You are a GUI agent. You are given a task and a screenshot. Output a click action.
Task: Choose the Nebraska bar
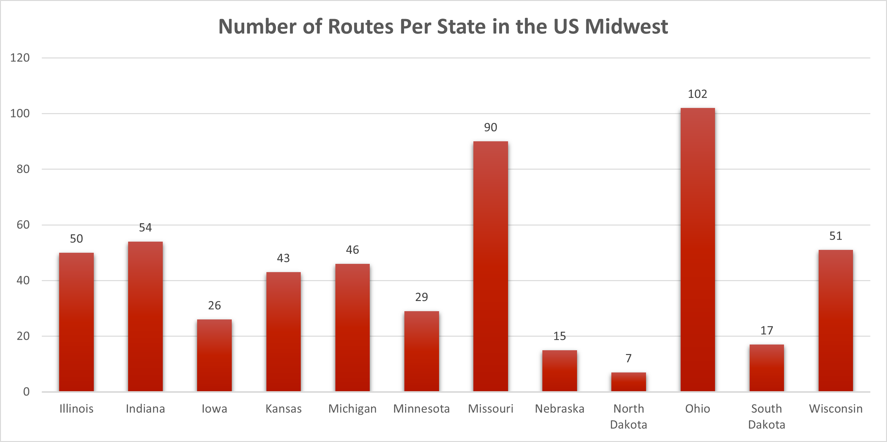point(560,371)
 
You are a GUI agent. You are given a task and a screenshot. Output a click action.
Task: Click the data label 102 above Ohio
point(697,94)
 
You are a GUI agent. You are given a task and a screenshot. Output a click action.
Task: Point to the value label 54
point(145,227)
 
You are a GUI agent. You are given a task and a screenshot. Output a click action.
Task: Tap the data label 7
point(629,358)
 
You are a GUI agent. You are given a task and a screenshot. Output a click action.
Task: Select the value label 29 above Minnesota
point(422,297)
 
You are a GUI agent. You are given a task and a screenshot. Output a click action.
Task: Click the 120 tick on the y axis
point(20,57)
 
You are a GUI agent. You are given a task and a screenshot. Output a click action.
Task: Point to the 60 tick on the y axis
point(23,224)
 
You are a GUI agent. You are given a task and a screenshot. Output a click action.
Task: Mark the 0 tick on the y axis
point(26,392)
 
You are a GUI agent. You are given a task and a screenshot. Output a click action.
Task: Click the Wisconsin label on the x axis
point(836,409)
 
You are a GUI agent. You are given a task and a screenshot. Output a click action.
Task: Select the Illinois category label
point(76,409)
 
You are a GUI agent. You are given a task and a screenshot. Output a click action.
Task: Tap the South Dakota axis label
point(767,416)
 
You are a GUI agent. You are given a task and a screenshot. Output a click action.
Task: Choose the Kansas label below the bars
point(283,409)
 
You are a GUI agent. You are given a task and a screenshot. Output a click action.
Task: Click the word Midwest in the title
point(626,26)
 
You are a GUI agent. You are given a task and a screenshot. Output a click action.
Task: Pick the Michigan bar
point(352,327)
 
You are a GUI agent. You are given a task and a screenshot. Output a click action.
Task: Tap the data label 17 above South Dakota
point(767,330)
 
